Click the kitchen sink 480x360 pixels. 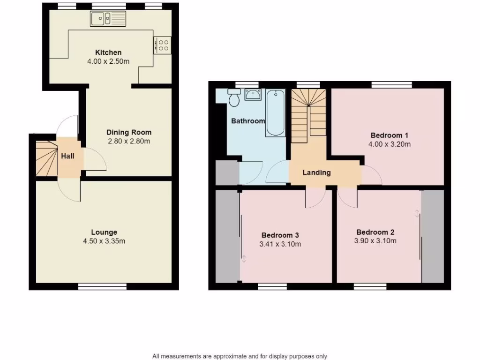[108, 19]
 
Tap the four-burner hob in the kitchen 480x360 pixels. [162, 45]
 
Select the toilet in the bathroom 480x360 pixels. [234, 98]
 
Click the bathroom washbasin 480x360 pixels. [254, 95]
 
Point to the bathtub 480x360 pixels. [275, 113]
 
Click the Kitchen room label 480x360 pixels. [108, 52]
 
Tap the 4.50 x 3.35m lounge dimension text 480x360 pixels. [104, 241]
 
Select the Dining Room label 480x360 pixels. [129, 132]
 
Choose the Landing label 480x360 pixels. [316, 172]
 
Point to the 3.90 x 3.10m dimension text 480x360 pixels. [375, 241]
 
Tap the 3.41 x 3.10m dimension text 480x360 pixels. [280, 244]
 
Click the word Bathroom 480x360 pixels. [248, 121]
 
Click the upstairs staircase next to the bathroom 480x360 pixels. [308, 115]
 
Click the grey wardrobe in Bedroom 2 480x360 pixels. [432, 237]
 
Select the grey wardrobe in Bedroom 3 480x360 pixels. [227, 237]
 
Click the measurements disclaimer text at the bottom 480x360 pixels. [240, 356]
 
